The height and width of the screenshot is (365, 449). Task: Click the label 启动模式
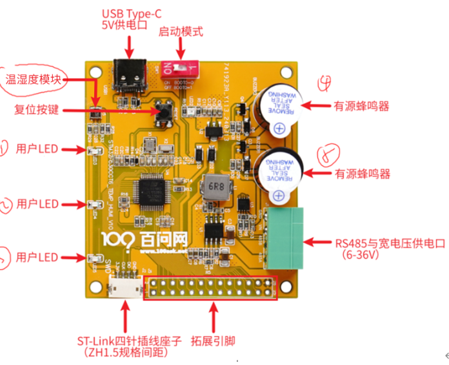(x=181, y=31)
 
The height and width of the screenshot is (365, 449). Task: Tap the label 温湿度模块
(x=33, y=80)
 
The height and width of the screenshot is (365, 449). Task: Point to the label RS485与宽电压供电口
(x=390, y=243)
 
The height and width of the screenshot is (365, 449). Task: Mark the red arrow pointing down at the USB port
(x=130, y=47)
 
